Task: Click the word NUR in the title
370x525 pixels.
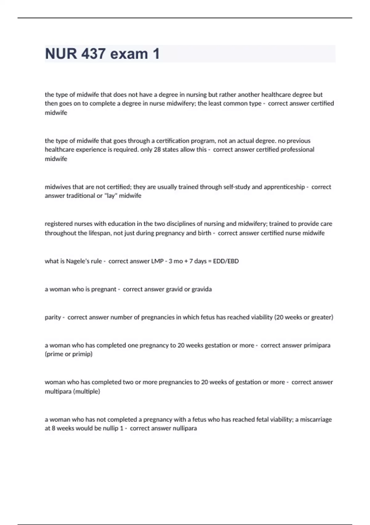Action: click(61, 54)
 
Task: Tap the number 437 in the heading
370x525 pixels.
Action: click(93, 54)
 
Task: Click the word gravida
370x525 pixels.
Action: click(202, 289)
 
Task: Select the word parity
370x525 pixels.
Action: click(53, 317)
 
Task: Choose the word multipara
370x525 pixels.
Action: click(58, 391)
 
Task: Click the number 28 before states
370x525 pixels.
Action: click(157, 149)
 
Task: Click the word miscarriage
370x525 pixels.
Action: click(316, 419)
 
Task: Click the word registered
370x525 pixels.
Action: click(58, 224)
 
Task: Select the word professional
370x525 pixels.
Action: click(296, 149)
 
